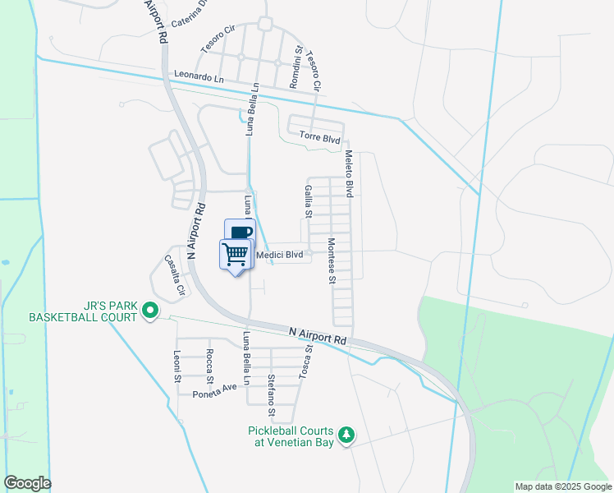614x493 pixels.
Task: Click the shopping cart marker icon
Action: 236,254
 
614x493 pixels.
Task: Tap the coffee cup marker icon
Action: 241,233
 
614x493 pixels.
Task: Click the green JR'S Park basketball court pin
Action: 149,311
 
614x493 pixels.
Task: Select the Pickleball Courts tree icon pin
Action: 347,434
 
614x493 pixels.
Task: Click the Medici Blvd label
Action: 280,256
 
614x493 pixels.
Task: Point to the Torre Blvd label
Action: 319,139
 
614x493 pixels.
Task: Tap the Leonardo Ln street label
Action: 199,76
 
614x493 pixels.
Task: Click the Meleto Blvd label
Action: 348,173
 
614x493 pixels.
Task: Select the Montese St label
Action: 332,261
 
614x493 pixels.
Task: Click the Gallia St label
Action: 309,201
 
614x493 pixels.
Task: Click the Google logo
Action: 27,483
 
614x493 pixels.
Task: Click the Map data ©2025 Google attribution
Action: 562,486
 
